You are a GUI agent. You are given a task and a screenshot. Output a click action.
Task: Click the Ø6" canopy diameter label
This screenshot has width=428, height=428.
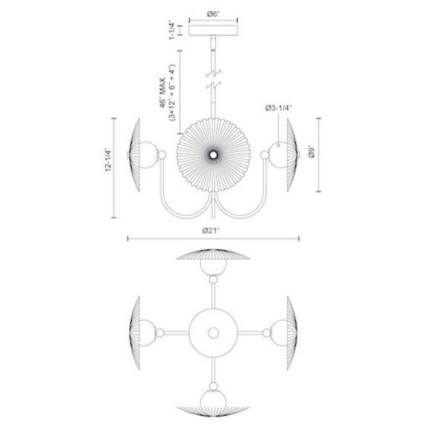tap(213, 14)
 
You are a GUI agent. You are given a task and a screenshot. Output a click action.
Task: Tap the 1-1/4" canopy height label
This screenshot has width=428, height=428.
tap(172, 30)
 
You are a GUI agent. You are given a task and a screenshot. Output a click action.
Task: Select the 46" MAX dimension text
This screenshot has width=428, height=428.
tap(163, 93)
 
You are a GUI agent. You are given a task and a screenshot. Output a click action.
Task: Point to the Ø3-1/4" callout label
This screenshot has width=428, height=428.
tap(279, 108)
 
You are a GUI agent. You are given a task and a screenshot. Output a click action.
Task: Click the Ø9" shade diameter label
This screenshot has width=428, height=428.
tap(312, 152)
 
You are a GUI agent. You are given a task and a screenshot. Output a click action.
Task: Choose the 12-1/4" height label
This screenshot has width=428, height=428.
tap(108, 160)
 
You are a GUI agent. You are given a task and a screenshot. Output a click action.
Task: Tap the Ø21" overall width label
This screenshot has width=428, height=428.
tap(211, 231)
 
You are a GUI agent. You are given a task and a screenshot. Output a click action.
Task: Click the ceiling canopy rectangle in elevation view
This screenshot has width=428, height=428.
tap(213, 30)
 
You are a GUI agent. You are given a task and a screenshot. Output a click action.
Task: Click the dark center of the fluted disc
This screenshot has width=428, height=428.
tap(213, 155)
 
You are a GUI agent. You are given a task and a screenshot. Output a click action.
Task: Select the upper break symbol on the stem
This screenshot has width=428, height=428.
tap(214, 73)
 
